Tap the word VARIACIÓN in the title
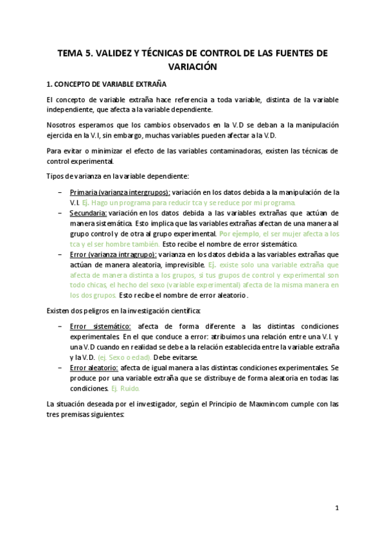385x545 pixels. coord(192,67)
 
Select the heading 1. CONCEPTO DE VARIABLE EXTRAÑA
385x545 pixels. coord(107,84)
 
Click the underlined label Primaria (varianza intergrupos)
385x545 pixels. coord(120,192)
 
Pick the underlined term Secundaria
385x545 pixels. coord(88,213)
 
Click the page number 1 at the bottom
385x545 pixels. coord(337,508)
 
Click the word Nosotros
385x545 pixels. coord(62,125)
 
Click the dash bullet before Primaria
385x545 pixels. coord(60,192)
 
